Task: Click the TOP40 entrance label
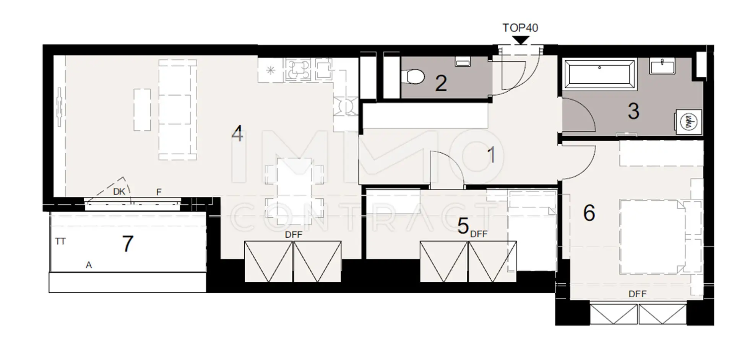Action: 520,28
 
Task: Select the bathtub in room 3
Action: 599,74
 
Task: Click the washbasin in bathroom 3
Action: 662,66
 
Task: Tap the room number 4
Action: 237,134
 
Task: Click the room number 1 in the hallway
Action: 491,155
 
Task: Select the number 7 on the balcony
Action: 128,244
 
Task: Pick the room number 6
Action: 589,213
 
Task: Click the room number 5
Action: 463,225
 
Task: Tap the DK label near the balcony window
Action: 119,191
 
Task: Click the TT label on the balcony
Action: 60,242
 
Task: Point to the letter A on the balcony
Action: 89,265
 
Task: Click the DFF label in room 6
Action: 638,294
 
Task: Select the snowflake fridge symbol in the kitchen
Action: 271,70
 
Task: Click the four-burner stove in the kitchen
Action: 298,69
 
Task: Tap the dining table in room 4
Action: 294,191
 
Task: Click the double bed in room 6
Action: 661,237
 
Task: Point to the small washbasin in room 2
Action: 463,62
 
